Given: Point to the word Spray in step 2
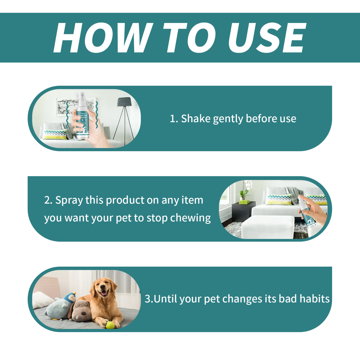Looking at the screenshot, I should coord(69,200).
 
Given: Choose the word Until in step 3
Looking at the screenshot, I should coord(165,299).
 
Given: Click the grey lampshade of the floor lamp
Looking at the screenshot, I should coord(124,102).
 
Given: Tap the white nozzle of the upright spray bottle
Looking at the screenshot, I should coord(81,95).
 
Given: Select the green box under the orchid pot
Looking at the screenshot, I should coord(244,202).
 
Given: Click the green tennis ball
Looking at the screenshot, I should coord(110,325).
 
